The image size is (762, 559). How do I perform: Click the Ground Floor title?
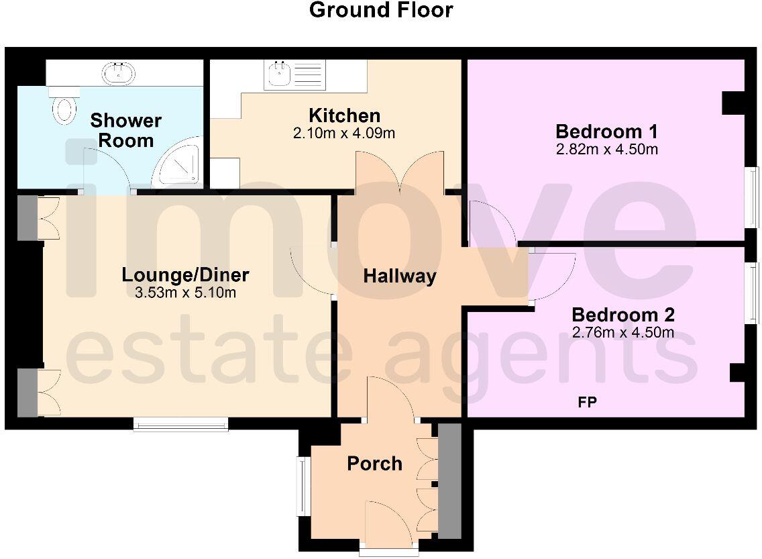point(381,11)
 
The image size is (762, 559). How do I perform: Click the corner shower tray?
point(177,165)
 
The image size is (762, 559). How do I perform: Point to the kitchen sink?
point(278,74)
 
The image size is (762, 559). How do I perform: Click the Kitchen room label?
point(344,115)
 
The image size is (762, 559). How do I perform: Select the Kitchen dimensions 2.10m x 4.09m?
point(344,134)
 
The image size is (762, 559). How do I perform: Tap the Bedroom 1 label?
point(606,131)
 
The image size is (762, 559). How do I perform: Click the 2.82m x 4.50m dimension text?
point(606,149)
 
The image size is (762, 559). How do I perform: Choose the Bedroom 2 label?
point(622,315)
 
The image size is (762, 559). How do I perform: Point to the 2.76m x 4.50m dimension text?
point(622,332)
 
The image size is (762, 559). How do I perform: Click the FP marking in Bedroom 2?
point(588,403)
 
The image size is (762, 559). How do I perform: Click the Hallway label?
point(400,276)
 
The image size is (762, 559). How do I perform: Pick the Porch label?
point(374,464)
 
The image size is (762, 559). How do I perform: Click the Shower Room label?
point(126,130)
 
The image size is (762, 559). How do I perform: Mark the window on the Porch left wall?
point(303,486)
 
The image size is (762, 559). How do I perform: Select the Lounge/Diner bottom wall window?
point(180,423)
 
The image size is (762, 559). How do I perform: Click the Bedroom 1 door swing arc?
point(493,221)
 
